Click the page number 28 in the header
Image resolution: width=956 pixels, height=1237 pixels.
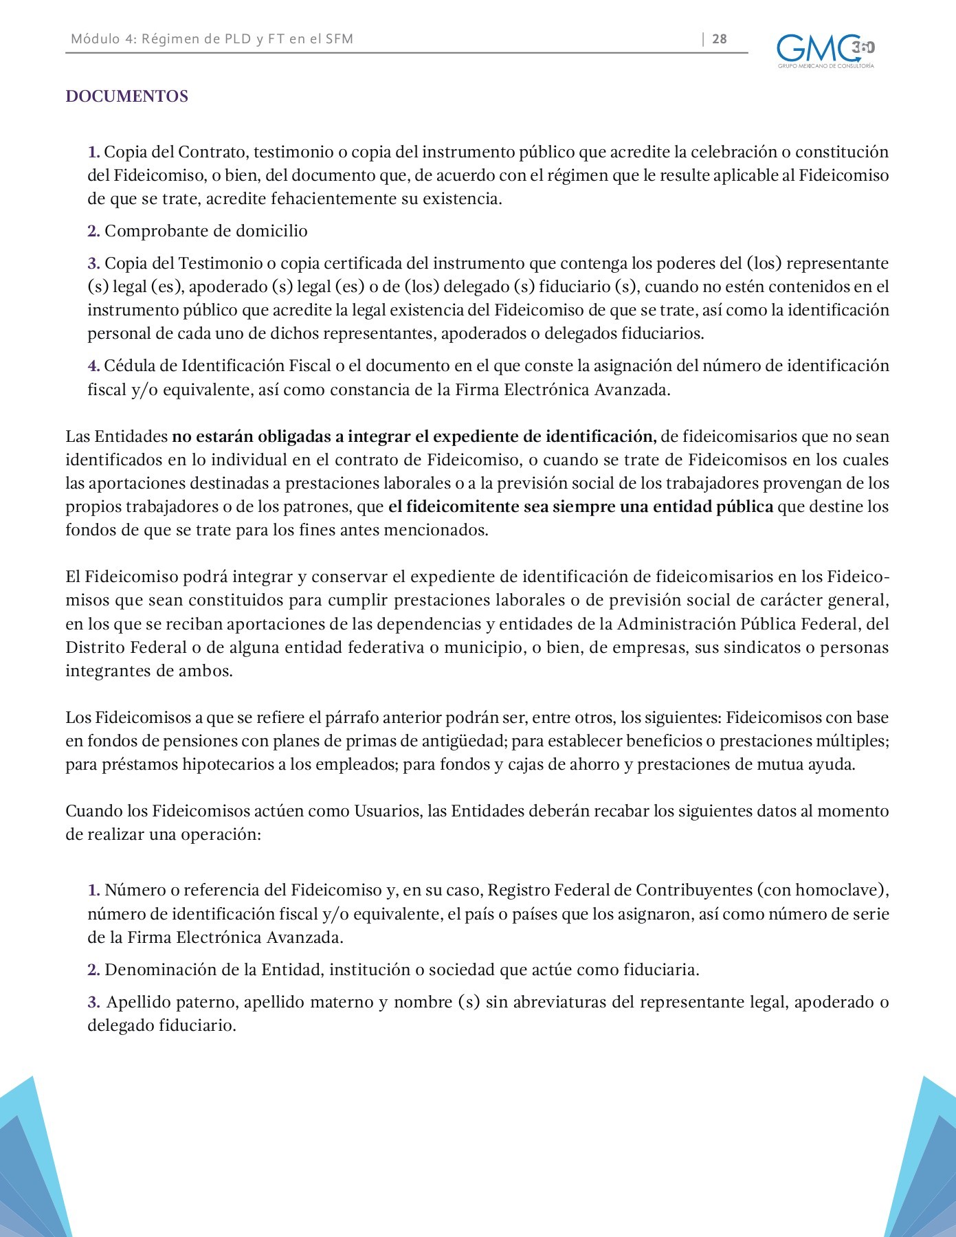pyautogui.click(x=719, y=39)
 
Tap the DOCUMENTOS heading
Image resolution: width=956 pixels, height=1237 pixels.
pyautogui.click(x=126, y=96)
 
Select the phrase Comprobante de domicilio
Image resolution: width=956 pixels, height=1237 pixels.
pyautogui.click(x=205, y=231)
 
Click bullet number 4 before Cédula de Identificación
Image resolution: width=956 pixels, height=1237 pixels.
pyautogui.click(x=93, y=366)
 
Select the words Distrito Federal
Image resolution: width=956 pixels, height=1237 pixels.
pyautogui.click(x=126, y=647)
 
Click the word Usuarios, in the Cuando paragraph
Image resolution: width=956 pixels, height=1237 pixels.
pyautogui.click(x=388, y=811)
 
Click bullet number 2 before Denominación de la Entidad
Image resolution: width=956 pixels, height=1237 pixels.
pyautogui.click(x=93, y=970)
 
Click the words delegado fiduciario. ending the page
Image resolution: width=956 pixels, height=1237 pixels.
pyautogui.click(x=162, y=1026)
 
